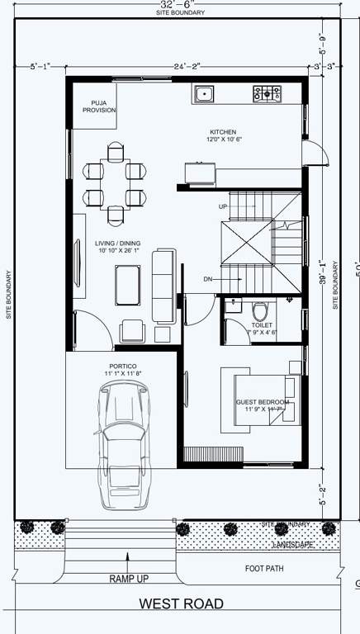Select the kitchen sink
(x=203, y=94)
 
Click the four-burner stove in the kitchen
(x=267, y=94)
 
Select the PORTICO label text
(x=122, y=369)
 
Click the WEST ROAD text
(x=181, y=604)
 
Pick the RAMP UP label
(x=128, y=579)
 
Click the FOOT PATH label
(x=265, y=568)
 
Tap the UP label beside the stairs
(x=223, y=206)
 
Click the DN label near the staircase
(x=208, y=280)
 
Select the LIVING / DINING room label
(x=117, y=247)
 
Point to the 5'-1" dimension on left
(x=40, y=65)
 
